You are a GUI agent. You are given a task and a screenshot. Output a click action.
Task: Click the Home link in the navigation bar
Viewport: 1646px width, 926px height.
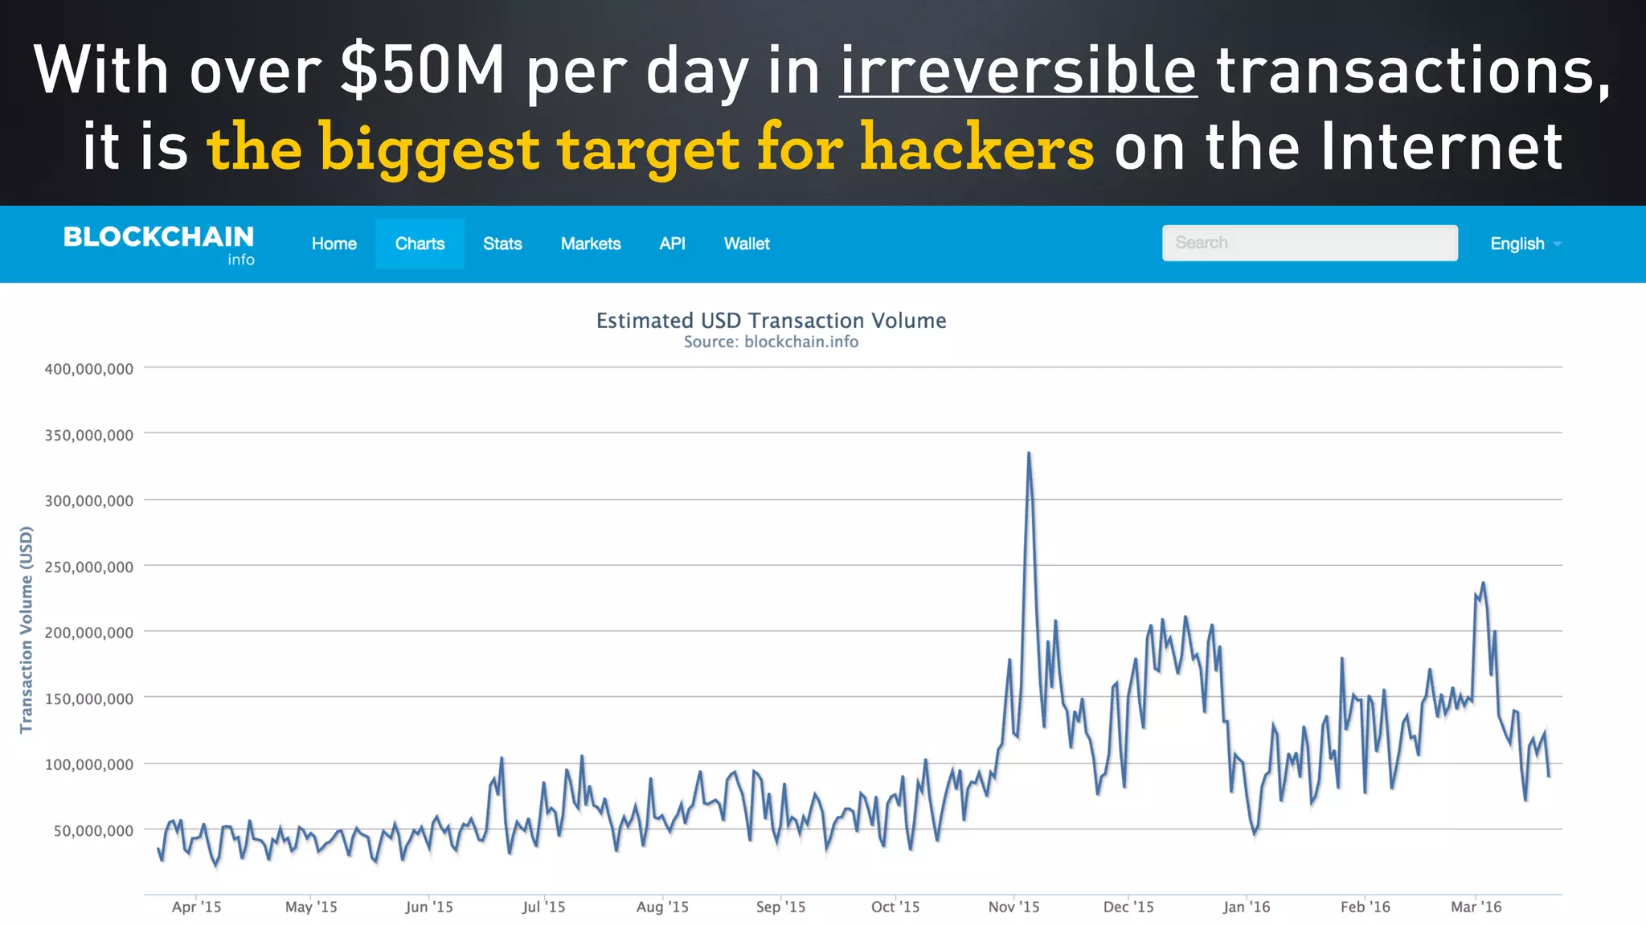pyautogui.click(x=334, y=244)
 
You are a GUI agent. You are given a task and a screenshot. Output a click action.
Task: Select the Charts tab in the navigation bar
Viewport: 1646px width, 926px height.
pyautogui.click(x=420, y=244)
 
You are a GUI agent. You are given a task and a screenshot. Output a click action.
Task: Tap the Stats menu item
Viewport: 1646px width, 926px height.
pyautogui.click(x=502, y=244)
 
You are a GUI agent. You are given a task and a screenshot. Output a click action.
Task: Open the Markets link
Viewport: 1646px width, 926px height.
pyautogui.click(x=591, y=244)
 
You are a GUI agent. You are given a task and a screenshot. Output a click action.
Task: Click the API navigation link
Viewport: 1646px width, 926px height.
pyautogui.click(x=672, y=244)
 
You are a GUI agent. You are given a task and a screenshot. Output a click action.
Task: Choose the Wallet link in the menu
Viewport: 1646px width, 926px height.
pyautogui.click(x=747, y=244)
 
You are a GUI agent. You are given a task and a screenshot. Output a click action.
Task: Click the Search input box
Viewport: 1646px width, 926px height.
pyautogui.click(x=1309, y=243)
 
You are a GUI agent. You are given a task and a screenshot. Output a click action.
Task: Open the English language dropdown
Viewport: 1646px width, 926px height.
pyautogui.click(x=1525, y=244)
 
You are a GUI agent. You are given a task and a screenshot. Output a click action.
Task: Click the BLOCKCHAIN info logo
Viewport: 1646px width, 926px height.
pyautogui.click(x=159, y=244)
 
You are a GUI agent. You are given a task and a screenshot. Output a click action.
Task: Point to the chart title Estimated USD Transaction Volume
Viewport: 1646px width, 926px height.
pyautogui.click(x=771, y=321)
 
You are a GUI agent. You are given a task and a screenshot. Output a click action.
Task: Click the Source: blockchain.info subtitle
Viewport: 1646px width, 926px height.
pyautogui.click(x=771, y=342)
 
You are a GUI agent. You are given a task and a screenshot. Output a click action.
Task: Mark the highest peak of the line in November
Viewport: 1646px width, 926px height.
pyautogui.click(x=1029, y=454)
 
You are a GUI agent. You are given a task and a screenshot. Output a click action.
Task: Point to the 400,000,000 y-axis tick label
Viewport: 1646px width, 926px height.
pyautogui.click(x=89, y=369)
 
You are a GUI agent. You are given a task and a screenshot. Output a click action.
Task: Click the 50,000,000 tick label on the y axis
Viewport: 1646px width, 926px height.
pyautogui.click(x=93, y=830)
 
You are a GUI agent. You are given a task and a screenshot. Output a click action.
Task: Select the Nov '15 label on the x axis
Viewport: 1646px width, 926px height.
pyautogui.click(x=1013, y=907)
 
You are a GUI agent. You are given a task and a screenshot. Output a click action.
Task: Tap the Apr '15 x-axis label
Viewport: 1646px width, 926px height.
pyautogui.click(x=196, y=907)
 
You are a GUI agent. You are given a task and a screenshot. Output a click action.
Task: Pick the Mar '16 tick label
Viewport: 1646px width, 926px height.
pyautogui.click(x=1476, y=907)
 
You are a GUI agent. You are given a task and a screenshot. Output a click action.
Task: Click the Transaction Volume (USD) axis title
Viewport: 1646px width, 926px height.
pyautogui.click(x=27, y=629)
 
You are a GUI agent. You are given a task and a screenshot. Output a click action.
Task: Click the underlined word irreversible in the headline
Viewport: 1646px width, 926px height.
pyautogui.click(x=1018, y=71)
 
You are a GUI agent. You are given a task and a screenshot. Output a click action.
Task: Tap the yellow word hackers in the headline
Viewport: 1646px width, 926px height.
pyautogui.click(x=977, y=148)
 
